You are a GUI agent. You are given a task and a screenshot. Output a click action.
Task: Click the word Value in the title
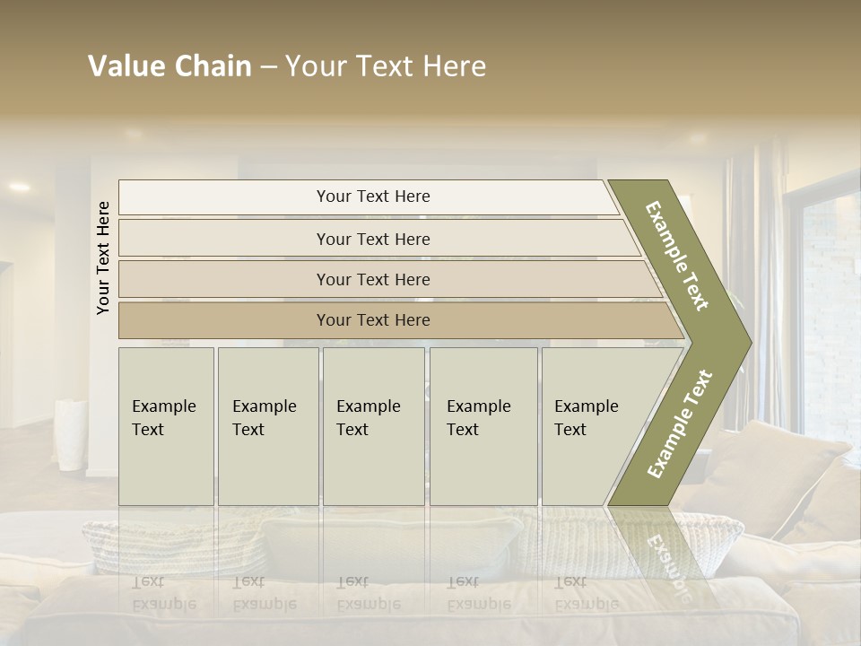point(124,66)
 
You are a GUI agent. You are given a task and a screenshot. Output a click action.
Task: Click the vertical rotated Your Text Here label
point(103,258)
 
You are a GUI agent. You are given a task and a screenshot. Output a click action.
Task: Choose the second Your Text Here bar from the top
point(372,239)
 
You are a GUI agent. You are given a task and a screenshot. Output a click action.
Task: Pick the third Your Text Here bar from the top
point(372,279)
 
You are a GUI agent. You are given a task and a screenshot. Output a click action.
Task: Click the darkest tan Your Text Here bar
point(372,320)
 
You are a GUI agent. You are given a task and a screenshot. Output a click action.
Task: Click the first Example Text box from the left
point(166,425)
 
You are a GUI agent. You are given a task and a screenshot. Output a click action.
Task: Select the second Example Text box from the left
point(267,425)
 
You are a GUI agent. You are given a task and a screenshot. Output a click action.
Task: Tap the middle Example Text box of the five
point(373,425)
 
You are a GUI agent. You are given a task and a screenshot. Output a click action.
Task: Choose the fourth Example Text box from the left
point(483,425)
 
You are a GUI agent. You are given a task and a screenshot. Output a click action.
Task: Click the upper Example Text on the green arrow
point(677,256)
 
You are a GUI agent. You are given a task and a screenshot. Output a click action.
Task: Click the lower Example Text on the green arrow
point(679,423)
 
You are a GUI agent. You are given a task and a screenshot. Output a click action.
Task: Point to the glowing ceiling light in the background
point(19,187)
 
